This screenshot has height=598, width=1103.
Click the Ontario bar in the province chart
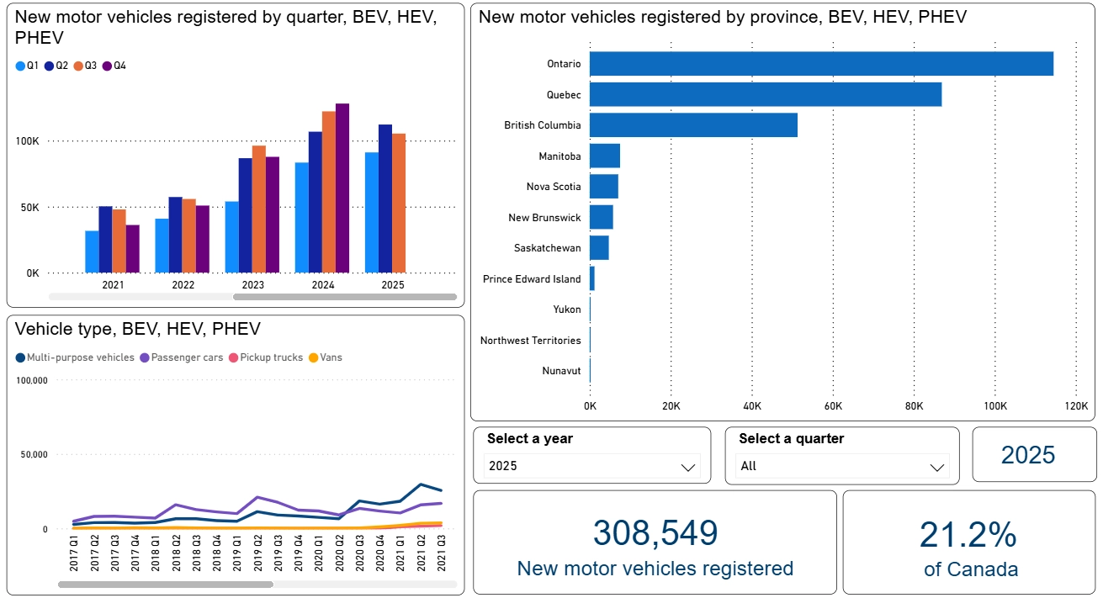(x=821, y=64)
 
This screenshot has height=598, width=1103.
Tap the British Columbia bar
(x=693, y=125)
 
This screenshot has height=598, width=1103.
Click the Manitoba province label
(x=559, y=156)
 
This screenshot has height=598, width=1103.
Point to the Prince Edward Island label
(x=532, y=279)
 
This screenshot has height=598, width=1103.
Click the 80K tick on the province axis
(x=914, y=406)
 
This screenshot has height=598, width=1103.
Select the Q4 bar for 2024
(x=342, y=188)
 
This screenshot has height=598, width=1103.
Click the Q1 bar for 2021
(x=92, y=251)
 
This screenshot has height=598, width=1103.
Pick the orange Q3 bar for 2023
(x=259, y=209)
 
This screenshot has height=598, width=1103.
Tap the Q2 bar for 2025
(x=384, y=198)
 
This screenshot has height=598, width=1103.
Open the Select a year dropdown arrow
(x=688, y=467)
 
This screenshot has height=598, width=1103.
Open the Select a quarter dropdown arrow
(x=937, y=467)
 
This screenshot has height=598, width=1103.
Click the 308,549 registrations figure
(x=655, y=533)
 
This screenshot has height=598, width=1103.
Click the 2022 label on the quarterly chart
(x=183, y=285)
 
